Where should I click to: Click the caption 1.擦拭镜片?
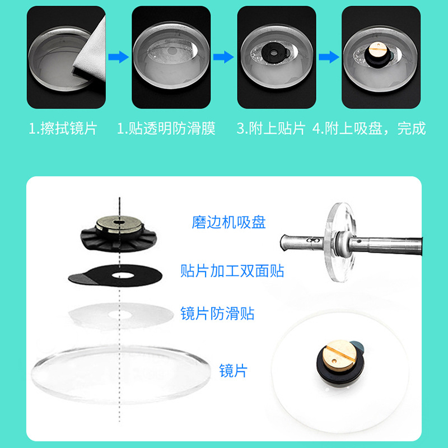(x=63, y=128)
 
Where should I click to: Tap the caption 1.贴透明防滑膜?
(x=166, y=128)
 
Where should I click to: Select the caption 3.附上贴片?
(x=271, y=128)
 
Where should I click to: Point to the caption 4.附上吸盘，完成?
(x=369, y=128)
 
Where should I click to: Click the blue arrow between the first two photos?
(x=119, y=57)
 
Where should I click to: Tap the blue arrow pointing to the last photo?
(x=329, y=57)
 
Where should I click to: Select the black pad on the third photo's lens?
(x=274, y=53)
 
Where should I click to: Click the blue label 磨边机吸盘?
(x=228, y=222)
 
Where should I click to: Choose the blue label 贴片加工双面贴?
(x=232, y=271)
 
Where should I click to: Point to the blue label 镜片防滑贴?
(x=217, y=314)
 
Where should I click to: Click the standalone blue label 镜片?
(x=233, y=371)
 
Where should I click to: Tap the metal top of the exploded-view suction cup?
(x=119, y=223)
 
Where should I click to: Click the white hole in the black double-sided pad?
(x=123, y=276)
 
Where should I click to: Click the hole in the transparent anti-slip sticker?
(x=120, y=315)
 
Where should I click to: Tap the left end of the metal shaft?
(x=281, y=242)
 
